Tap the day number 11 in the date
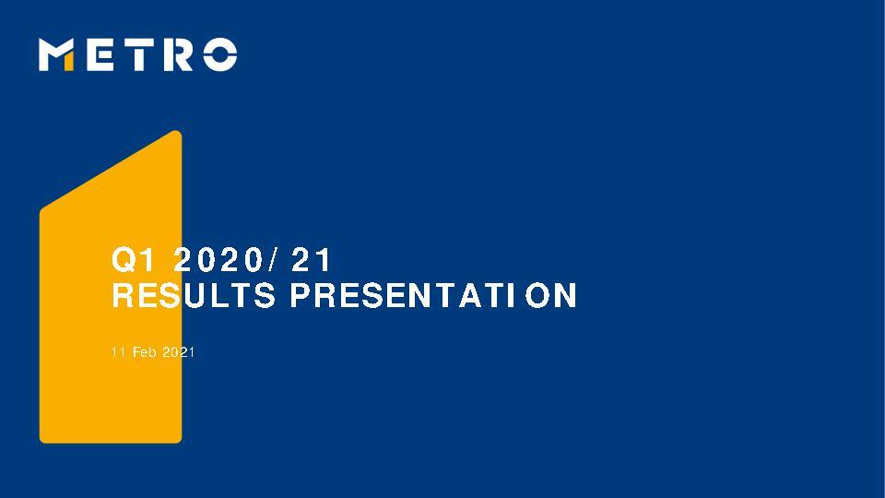click(x=116, y=353)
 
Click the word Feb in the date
click(x=145, y=353)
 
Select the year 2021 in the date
click(x=179, y=353)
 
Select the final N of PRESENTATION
click(x=566, y=297)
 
